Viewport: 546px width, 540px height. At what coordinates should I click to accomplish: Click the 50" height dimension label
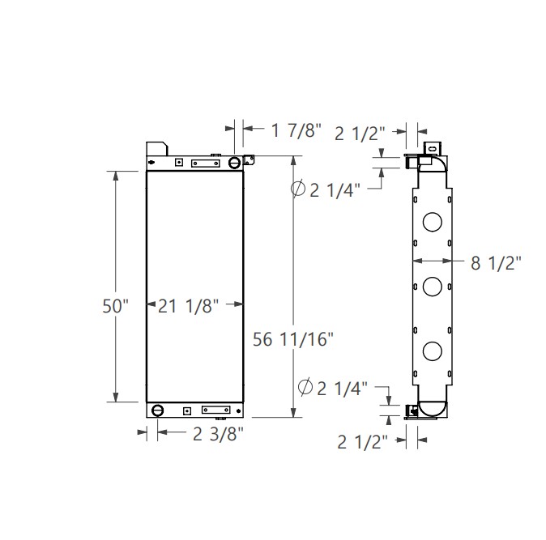pos(116,306)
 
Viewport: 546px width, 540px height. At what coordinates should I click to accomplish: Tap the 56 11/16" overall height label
pos(292,339)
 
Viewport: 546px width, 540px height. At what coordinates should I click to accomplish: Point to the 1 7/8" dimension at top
pos(296,129)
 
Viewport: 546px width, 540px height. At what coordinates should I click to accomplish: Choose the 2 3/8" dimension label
pos(218,434)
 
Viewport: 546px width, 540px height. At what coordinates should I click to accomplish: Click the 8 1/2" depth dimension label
pos(495,261)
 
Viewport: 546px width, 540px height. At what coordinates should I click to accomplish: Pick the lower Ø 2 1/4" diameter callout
pos(333,388)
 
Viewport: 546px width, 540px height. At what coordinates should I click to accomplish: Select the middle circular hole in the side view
pos(433,285)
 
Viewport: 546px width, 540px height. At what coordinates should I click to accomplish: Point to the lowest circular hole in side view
pos(433,351)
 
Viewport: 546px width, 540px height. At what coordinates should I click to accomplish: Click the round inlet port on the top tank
pos(234,163)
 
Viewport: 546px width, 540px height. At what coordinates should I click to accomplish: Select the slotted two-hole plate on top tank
pos(204,163)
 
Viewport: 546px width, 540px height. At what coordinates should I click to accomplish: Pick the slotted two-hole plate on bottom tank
pos(216,410)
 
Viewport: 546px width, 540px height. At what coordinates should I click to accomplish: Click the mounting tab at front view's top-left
pos(156,150)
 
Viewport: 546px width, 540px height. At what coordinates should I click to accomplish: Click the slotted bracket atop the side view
pos(431,148)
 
